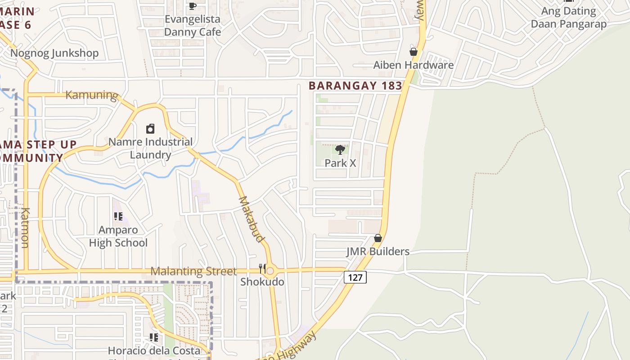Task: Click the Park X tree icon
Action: pos(340,149)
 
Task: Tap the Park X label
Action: pos(340,163)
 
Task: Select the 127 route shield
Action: pos(355,277)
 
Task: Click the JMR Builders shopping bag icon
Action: pos(378,238)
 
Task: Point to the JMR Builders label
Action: pos(378,251)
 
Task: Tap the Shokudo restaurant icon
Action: pos(262,269)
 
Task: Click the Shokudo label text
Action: pos(262,282)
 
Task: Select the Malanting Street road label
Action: pos(193,271)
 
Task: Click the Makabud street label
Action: pos(251,219)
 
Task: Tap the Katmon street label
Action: pos(25,228)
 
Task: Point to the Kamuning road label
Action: pos(91,95)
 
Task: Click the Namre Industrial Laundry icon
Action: pos(150,129)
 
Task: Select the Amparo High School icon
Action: pos(118,216)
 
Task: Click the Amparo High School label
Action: pos(118,236)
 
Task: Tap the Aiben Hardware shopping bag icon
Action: pos(414,52)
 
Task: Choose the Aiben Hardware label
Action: pos(414,65)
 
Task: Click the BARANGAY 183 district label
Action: pos(355,85)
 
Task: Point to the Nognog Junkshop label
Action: pos(54,53)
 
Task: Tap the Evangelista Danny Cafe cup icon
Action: pos(193,6)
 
